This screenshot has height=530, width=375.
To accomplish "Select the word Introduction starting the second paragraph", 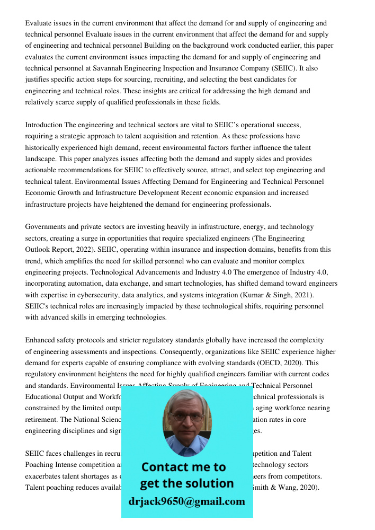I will pyautogui.click(x=43, y=125).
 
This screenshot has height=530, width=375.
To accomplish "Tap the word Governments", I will pyautogui.click(x=47, y=227).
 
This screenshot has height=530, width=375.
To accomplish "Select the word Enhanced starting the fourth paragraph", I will pyautogui.click(x=41, y=340).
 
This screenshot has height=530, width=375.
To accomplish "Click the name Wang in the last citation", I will pyautogui.click(x=289, y=488).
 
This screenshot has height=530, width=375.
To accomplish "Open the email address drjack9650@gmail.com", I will pyautogui.click(x=187, y=501).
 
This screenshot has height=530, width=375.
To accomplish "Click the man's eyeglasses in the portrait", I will pyautogui.click(x=187, y=416).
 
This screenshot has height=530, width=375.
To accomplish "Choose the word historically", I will pyautogui.click(x=46, y=148).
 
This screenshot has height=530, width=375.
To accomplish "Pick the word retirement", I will pyautogui.click(x=41, y=419).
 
